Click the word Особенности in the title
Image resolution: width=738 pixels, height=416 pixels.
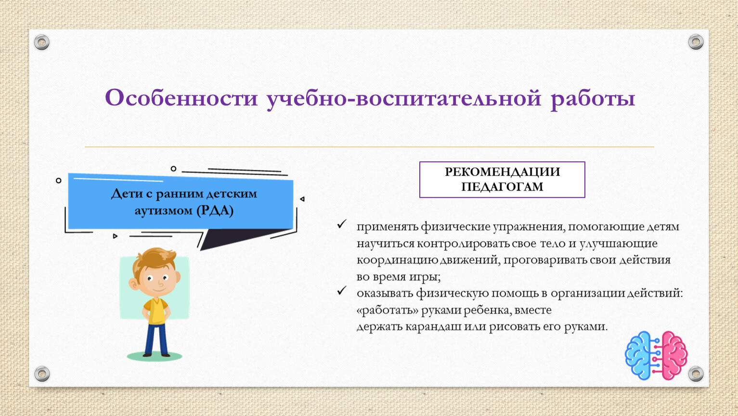point(181,98)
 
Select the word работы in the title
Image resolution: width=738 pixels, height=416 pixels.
point(593,99)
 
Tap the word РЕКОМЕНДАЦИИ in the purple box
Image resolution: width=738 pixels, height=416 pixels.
point(502,172)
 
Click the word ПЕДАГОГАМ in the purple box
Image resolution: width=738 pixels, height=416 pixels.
point(502,187)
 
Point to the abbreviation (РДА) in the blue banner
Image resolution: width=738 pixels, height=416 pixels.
point(215,210)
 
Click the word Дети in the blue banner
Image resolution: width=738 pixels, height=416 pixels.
point(127,194)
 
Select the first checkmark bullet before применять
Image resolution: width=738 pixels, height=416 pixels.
point(342,224)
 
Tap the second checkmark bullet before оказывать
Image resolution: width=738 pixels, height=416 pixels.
point(342,290)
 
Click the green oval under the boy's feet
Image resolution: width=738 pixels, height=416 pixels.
point(154,357)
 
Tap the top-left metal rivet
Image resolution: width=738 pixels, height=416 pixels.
point(42,42)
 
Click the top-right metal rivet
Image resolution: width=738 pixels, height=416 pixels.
point(696,42)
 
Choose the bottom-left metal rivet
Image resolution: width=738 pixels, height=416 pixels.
point(42,374)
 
